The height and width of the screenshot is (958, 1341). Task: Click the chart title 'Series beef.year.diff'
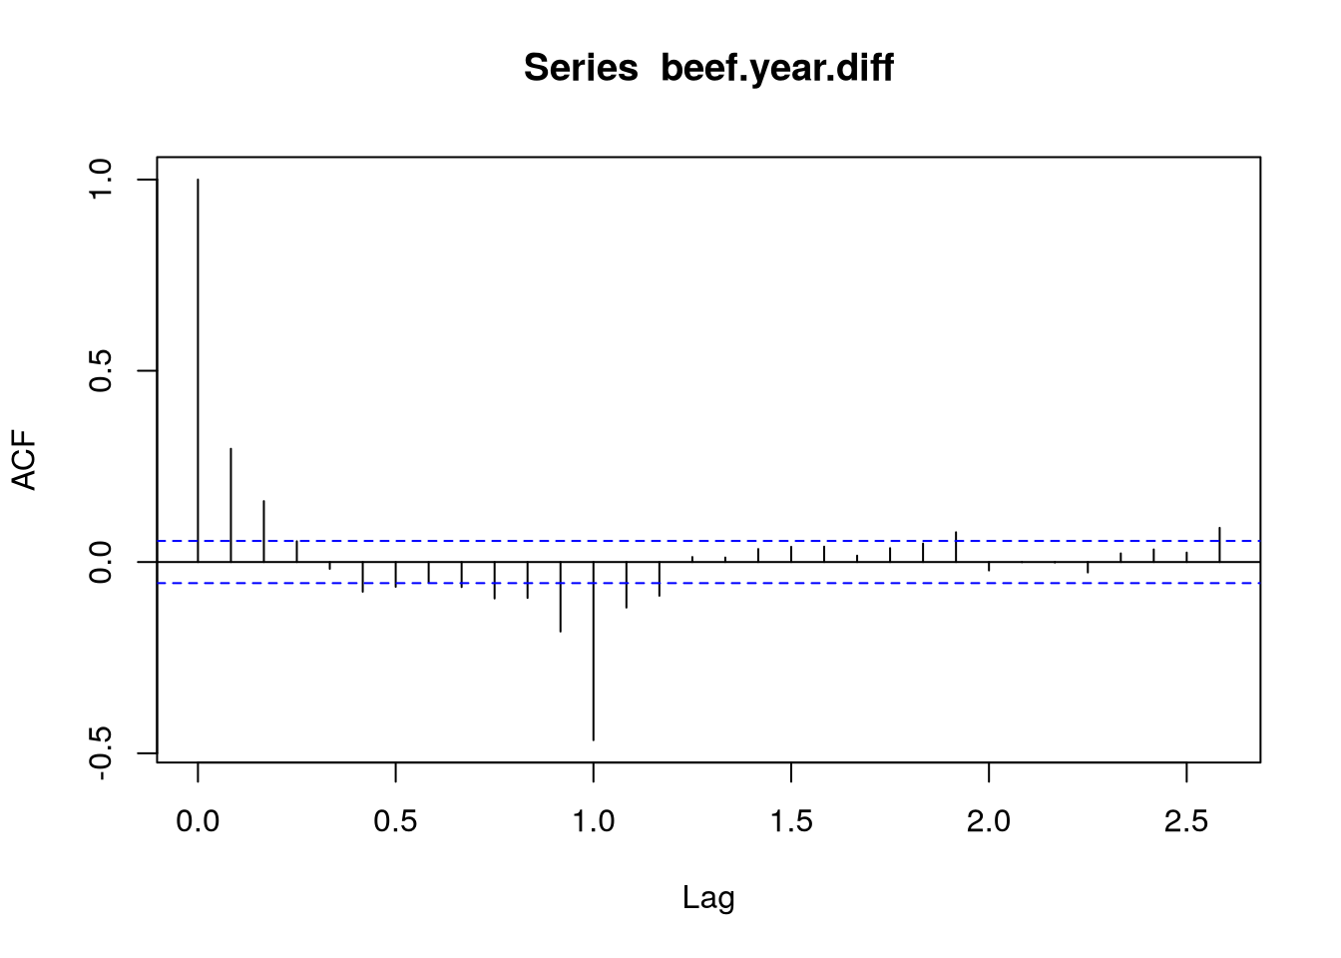click(708, 68)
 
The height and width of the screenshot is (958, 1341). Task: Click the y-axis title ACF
click(24, 460)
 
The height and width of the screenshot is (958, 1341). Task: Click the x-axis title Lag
click(708, 898)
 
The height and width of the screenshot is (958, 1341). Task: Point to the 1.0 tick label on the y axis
click(101, 180)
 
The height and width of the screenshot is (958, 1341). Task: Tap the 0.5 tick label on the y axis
click(101, 370)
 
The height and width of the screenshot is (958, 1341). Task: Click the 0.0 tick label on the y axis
click(101, 562)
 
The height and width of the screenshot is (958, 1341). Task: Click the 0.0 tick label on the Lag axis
click(198, 822)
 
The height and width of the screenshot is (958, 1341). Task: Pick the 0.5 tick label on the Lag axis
click(395, 822)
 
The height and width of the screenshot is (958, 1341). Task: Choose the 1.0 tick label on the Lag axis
click(593, 822)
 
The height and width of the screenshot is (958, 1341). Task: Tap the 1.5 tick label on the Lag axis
click(790, 822)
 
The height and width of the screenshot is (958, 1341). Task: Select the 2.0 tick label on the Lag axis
click(988, 822)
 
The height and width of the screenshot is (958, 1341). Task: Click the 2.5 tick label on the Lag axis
click(1185, 822)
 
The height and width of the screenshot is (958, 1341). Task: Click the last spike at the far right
click(1219, 545)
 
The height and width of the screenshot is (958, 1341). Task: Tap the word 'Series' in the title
click(581, 68)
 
